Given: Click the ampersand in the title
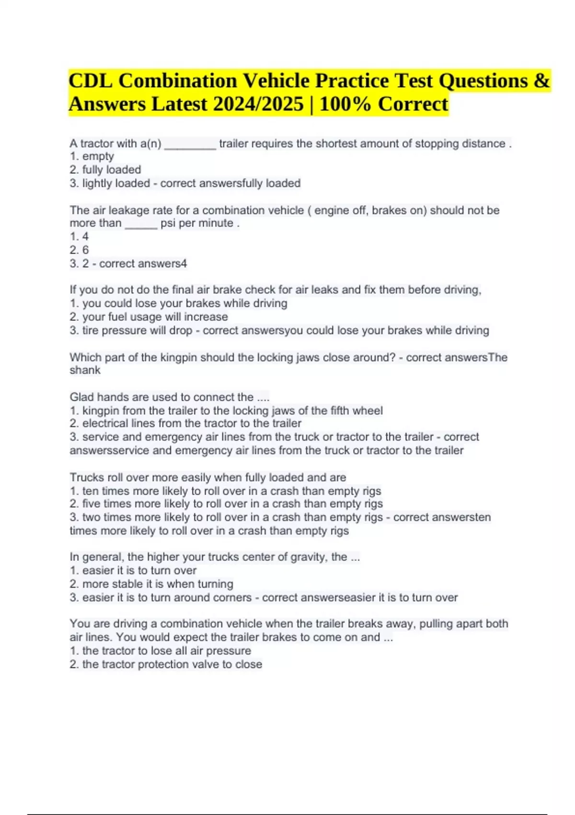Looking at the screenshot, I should (541, 81).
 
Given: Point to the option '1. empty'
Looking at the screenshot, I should (92, 156).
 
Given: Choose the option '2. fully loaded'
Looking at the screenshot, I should (105, 170).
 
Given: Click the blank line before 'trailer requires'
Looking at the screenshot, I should (190, 144).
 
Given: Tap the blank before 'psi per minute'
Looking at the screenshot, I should (141, 224).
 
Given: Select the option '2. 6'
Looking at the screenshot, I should (80, 250).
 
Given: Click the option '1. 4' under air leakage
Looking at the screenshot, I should (80, 236).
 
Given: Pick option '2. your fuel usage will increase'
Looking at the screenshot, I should (149, 317).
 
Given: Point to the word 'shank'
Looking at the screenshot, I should (85, 370).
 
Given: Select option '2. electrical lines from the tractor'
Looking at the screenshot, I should (185, 423).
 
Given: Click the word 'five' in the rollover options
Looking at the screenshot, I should (91, 504).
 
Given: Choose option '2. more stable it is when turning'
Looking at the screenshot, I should (151, 584).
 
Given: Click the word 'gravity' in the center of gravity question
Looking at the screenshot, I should (308, 557).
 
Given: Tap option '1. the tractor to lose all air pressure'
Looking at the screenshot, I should (161, 651).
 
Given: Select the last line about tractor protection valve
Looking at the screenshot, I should (166, 664).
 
